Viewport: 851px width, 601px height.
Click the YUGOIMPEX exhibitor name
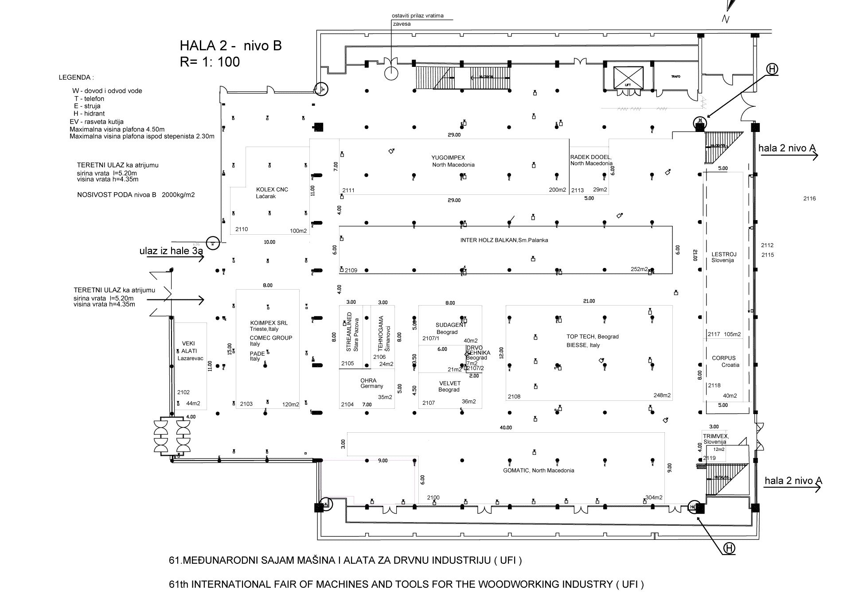[448, 158]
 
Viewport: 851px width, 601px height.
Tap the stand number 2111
[348, 190]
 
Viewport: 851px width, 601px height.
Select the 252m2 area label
[639, 269]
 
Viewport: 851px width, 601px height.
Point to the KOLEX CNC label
[272, 190]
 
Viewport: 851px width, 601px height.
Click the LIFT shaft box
[628, 78]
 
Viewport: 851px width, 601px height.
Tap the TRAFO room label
[675, 77]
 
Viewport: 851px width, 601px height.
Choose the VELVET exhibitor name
[450, 384]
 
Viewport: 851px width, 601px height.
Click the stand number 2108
[514, 397]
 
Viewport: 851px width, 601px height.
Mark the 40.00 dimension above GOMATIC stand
[506, 428]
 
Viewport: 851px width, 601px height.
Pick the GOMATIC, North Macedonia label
[539, 470]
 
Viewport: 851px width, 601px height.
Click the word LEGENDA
[76, 78]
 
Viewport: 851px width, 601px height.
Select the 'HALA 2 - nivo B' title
[230, 46]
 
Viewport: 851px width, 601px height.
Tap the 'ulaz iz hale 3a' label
[171, 252]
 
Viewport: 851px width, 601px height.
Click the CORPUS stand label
[724, 358]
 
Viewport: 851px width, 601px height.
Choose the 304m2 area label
[654, 497]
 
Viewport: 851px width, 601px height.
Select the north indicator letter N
[726, 19]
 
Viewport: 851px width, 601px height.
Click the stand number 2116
[809, 199]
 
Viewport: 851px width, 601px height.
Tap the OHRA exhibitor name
[368, 380]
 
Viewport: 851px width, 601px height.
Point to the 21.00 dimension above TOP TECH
[589, 301]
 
